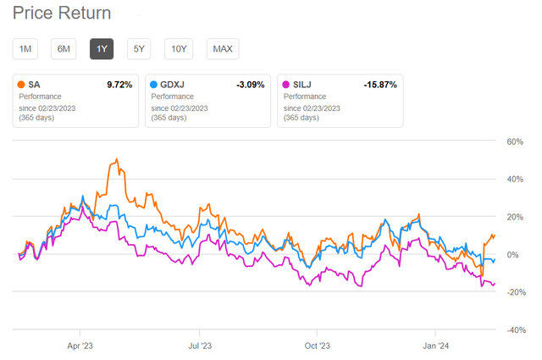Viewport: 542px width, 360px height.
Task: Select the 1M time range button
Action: tap(25, 48)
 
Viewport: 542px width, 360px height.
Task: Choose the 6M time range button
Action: tap(64, 48)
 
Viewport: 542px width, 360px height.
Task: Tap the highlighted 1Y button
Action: tap(102, 48)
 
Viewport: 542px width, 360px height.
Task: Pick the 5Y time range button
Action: tap(140, 48)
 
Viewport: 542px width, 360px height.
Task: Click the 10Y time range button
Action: tap(179, 48)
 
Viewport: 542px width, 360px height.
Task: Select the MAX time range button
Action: tap(223, 48)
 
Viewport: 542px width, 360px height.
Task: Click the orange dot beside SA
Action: tap(21, 86)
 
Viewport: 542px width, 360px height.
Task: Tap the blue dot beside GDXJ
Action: tap(153, 86)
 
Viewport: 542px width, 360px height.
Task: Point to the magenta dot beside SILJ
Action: tap(286, 86)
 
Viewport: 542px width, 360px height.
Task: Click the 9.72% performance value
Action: tap(117, 86)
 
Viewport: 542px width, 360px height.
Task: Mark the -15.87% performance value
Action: tap(379, 86)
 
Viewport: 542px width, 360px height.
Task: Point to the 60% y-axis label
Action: tap(515, 142)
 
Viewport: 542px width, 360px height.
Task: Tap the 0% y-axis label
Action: tap(517, 255)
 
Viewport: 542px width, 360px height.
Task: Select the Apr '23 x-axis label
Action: tap(80, 345)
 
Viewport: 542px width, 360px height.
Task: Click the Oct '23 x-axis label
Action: tap(317, 345)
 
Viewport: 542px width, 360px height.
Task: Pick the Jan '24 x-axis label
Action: tap(435, 345)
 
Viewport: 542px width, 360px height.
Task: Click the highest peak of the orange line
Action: tap(114, 158)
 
